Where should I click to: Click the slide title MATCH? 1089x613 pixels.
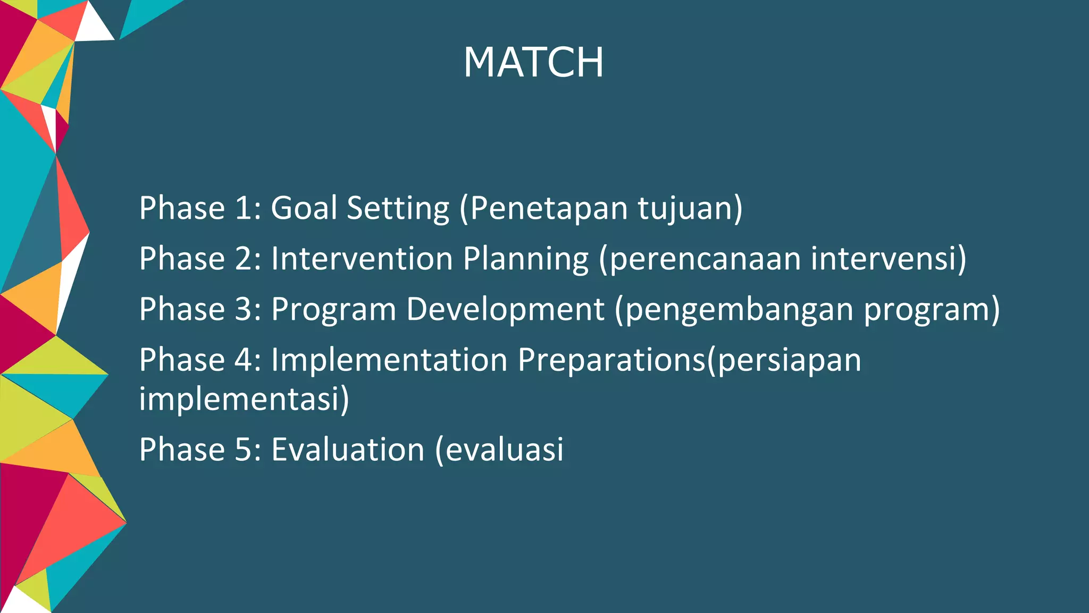click(x=533, y=62)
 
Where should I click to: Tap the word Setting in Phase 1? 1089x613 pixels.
click(x=398, y=209)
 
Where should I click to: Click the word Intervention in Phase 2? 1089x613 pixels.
click(x=362, y=259)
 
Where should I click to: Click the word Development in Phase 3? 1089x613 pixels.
click(x=505, y=310)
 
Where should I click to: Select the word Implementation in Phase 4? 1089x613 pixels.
click(x=389, y=360)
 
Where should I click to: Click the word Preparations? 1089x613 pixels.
click(x=611, y=360)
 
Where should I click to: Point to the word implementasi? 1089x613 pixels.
click(x=239, y=399)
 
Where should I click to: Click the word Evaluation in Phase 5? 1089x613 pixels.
click(x=348, y=450)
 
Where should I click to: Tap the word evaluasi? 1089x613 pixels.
click(x=504, y=450)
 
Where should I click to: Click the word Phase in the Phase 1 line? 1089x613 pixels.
click(x=182, y=208)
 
